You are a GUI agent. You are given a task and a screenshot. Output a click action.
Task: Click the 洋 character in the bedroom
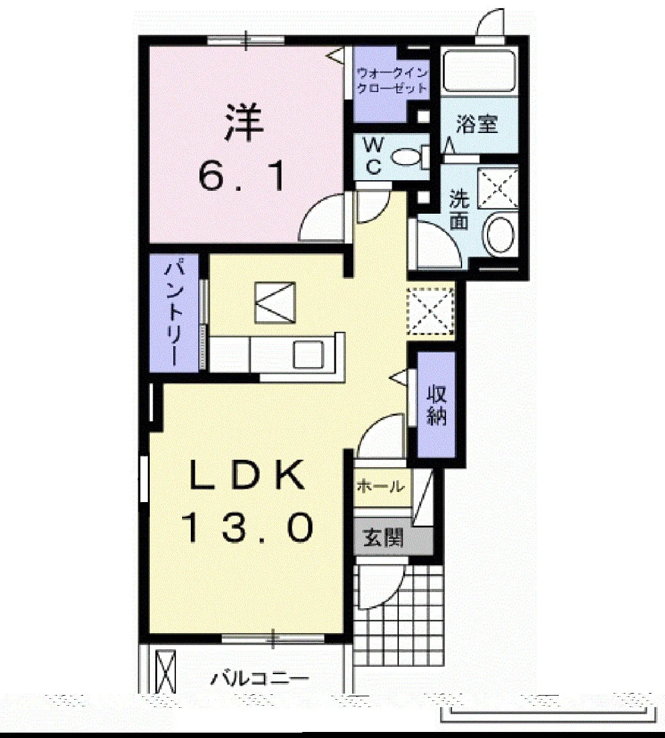pyautogui.click(x=244, y=123)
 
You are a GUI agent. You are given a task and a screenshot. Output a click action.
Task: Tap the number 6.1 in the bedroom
pyautogui.click(x=242, y=175)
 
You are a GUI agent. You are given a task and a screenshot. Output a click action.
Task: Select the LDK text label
pyautogui.click(x=246, y=475)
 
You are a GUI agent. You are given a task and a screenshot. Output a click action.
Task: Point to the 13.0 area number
pyautogui.click(x=247, y=527)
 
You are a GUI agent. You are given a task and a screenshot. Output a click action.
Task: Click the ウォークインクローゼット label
pyautogui.click(x=392, y=81)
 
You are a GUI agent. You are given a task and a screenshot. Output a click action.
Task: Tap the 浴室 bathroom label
pyautogui.click(x=477, y=124)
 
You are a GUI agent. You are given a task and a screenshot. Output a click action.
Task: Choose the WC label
pyautogui.click(x=373, y=155)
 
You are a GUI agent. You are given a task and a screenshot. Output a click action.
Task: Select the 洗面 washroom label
pyautogui.click(x=459, y=209)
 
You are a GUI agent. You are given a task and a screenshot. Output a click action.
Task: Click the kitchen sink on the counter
pyautogui.click(x=308, y=354)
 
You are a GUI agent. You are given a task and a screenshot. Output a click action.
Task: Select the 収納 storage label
pyautogui.click(x=437, y=405)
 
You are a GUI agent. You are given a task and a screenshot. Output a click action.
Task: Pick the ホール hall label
pyautogui.click(x=380, y=486)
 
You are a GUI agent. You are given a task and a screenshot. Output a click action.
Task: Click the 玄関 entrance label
pyautogui.click(x=384, y=538)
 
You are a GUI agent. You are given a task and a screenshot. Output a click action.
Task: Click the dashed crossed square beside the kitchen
pyautogui.click(x=431, y=311)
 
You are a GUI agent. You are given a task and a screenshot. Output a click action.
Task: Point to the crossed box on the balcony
pyautogui.click(x=165, y=671)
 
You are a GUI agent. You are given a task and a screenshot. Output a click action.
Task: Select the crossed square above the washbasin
pyautogui.click(x=498, y=188)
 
